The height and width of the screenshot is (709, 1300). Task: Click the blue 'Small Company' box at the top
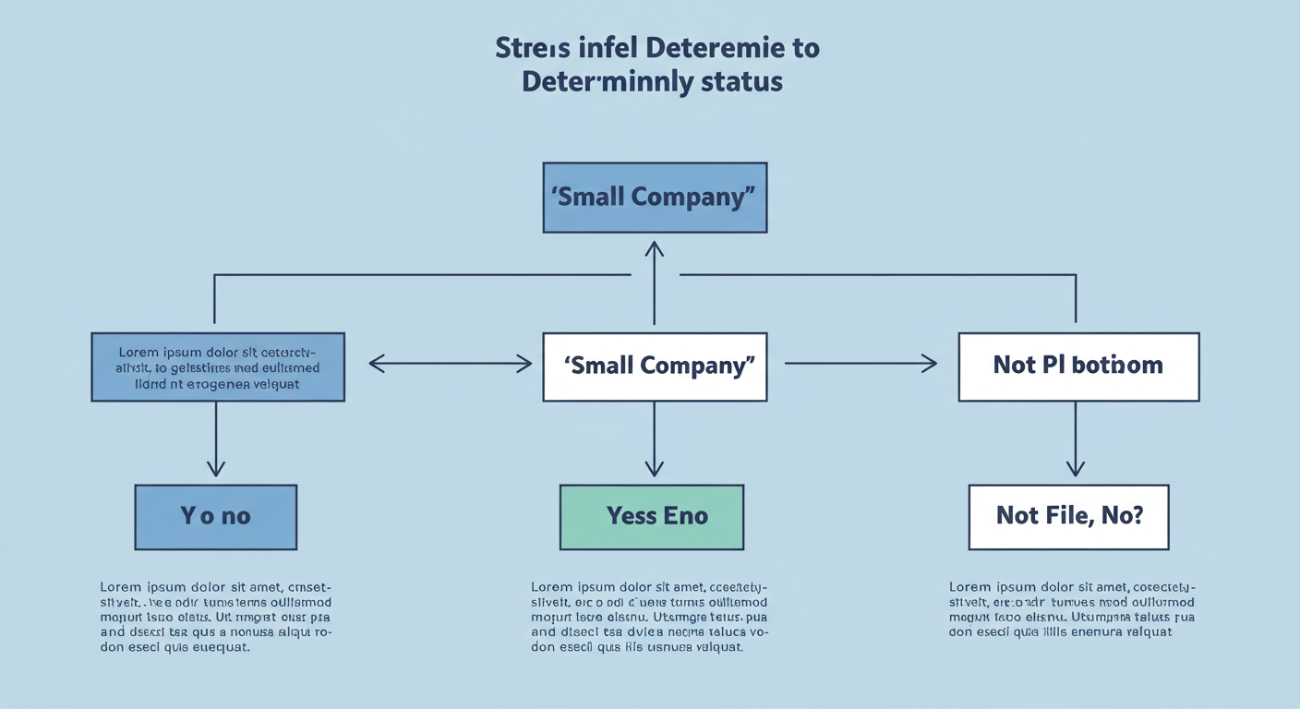click(x=655, y=198)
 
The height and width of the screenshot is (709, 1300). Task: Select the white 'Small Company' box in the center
click(x=655, y=367)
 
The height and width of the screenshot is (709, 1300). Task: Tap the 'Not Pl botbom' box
click(x=1078, y=367)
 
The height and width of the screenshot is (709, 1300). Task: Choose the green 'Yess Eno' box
click(x=652, y=517)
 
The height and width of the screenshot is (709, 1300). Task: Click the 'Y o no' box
click(x=215, y=517)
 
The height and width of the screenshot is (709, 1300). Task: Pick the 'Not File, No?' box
click(x=1068, y=517)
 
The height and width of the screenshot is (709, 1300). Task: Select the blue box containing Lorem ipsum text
click(x=218, y=367)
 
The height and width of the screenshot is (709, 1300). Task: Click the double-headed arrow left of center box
click(x=451, y=364)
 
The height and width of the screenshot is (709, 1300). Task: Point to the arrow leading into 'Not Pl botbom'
click(x=861, y=364)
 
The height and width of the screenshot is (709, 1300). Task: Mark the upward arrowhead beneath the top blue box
click(x=655, y=250)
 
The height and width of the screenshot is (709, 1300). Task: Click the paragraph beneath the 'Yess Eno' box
click(x=650, y=617)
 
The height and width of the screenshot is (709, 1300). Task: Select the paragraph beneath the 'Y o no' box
click(x=216, y=617)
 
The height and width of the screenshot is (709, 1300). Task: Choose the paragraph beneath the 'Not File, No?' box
click(x=1071, y=609)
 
